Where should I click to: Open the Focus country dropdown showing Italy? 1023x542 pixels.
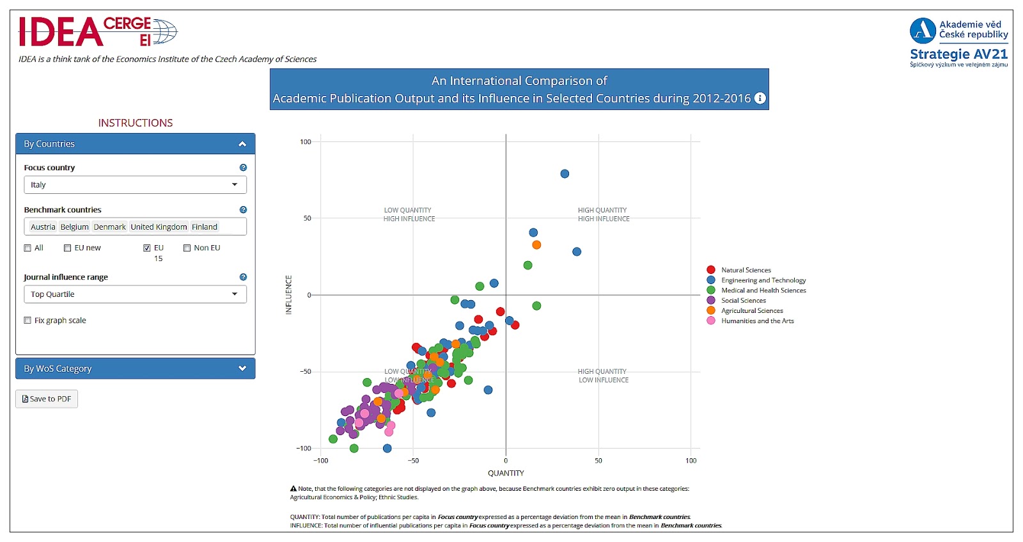135,185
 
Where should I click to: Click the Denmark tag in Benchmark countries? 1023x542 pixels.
110,227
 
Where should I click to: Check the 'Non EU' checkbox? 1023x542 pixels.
187,248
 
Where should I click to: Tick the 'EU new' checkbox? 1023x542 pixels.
68,248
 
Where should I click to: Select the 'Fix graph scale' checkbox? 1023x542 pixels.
27,321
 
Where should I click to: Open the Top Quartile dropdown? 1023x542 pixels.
135,294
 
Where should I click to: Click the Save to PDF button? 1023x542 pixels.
47,399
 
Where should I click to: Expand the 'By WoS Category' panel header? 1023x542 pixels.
135,369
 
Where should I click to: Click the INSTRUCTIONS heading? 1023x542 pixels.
136,123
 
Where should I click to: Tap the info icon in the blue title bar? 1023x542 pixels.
760,99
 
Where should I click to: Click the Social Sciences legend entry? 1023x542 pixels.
743,301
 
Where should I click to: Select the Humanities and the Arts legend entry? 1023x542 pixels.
757,321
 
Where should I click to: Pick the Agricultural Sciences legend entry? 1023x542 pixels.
752,311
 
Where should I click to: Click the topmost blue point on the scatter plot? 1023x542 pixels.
565,174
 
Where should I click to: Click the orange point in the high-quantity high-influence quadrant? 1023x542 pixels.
536,245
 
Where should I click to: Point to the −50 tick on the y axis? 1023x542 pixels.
306,372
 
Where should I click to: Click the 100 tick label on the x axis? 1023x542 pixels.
691,461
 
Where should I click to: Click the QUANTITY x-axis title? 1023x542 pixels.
506,474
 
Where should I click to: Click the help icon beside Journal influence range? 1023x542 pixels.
243,277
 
